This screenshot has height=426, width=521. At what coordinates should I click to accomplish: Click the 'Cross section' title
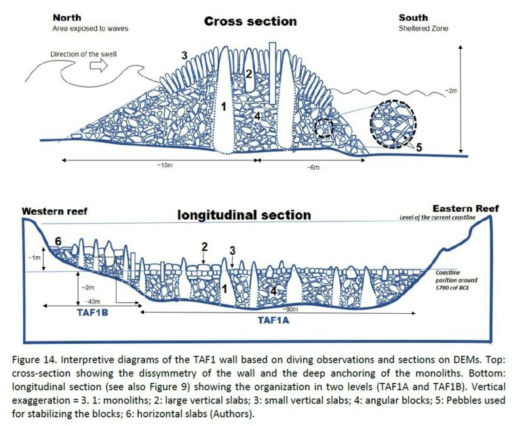click(250, 21)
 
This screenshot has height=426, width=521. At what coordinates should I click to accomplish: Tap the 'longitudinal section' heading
click(244, 215)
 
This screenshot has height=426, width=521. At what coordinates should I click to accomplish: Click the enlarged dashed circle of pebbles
click(393, 123)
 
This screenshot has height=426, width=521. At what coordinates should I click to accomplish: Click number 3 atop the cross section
click(184, 55)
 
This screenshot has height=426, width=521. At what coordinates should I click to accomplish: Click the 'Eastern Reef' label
click(463, 209)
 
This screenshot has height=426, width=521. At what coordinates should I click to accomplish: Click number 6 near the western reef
click(59, 242)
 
